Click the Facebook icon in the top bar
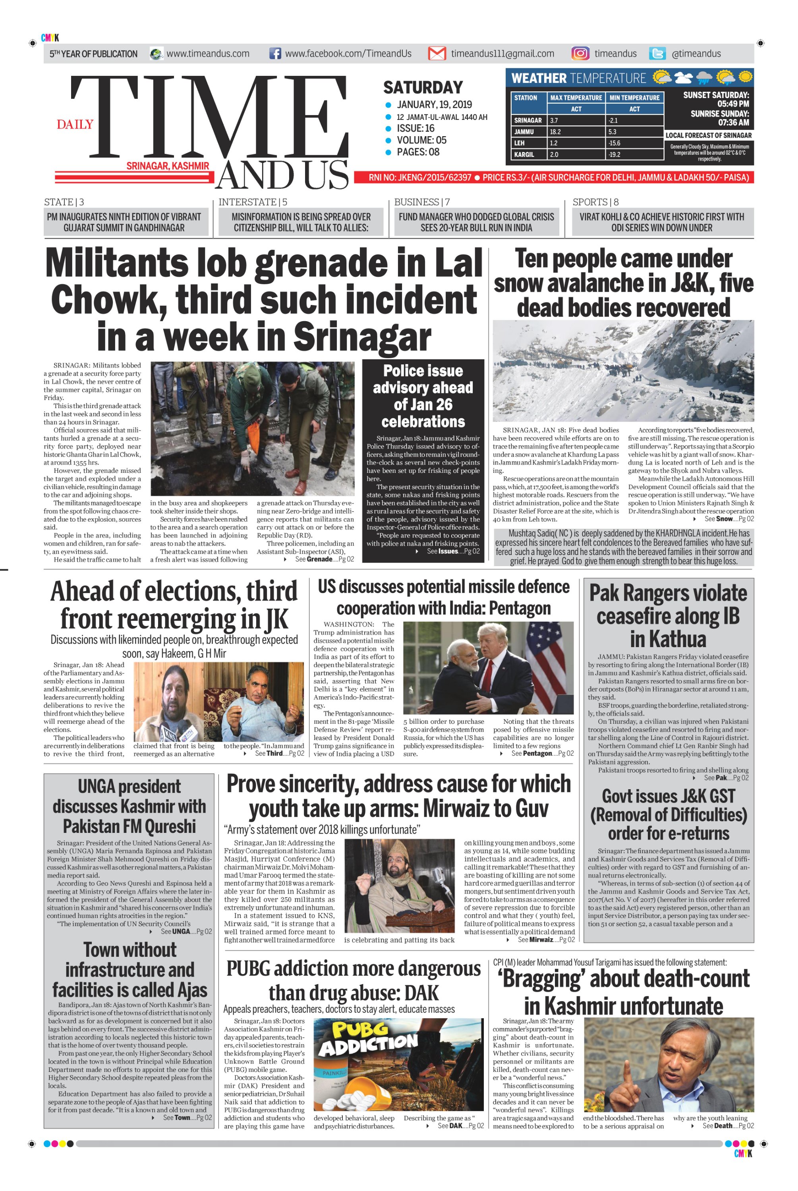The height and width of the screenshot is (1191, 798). click(x=275, y=54)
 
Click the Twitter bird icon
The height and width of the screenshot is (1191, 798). click(x=657, y=54)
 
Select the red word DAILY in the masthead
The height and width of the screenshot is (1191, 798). click(x=75, y=124)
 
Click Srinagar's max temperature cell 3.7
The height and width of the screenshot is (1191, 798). click(x=576, y=121)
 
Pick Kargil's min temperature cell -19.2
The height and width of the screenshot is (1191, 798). click(x=634, y=154)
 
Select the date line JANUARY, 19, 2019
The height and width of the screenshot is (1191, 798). click(x=434, y=105)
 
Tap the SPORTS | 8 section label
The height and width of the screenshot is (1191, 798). click(x=595, y=202)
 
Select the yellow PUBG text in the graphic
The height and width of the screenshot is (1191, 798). click(x=360, y=1030)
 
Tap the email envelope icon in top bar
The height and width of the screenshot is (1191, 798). click(x=437, y=54)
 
